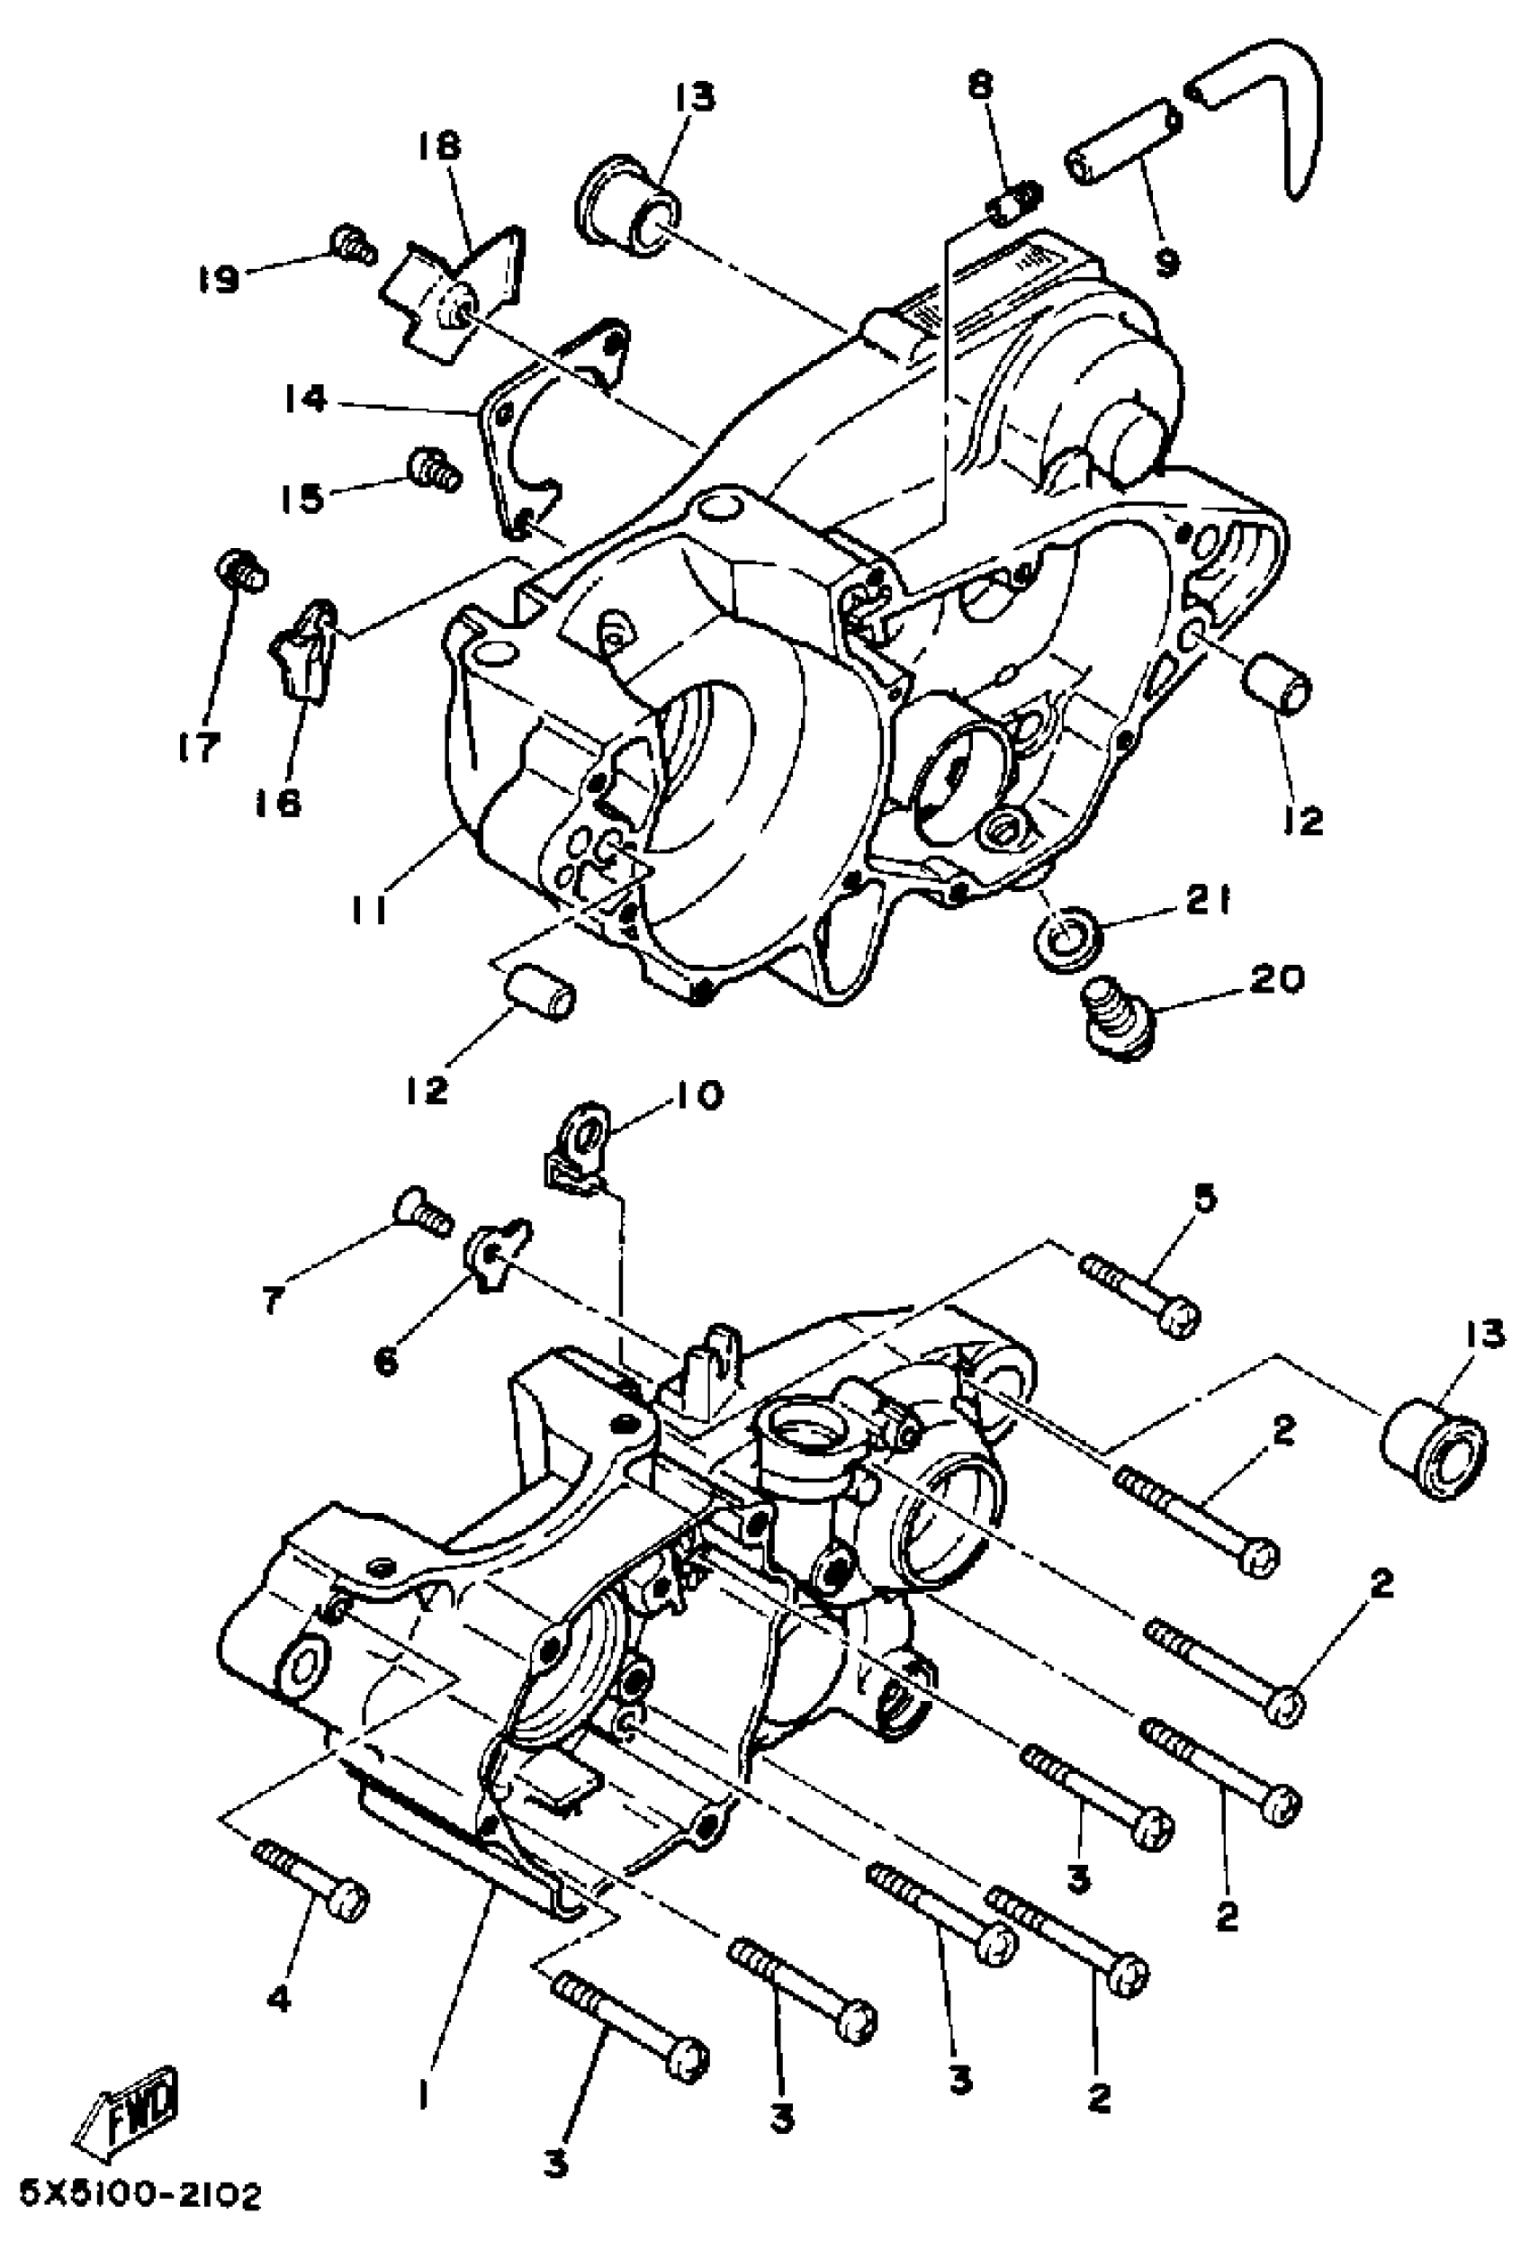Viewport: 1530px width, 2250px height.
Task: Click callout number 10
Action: pos(693,1097)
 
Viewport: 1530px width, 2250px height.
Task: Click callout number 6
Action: pos(385,1361)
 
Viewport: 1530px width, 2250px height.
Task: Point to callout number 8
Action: pos(981,85)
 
